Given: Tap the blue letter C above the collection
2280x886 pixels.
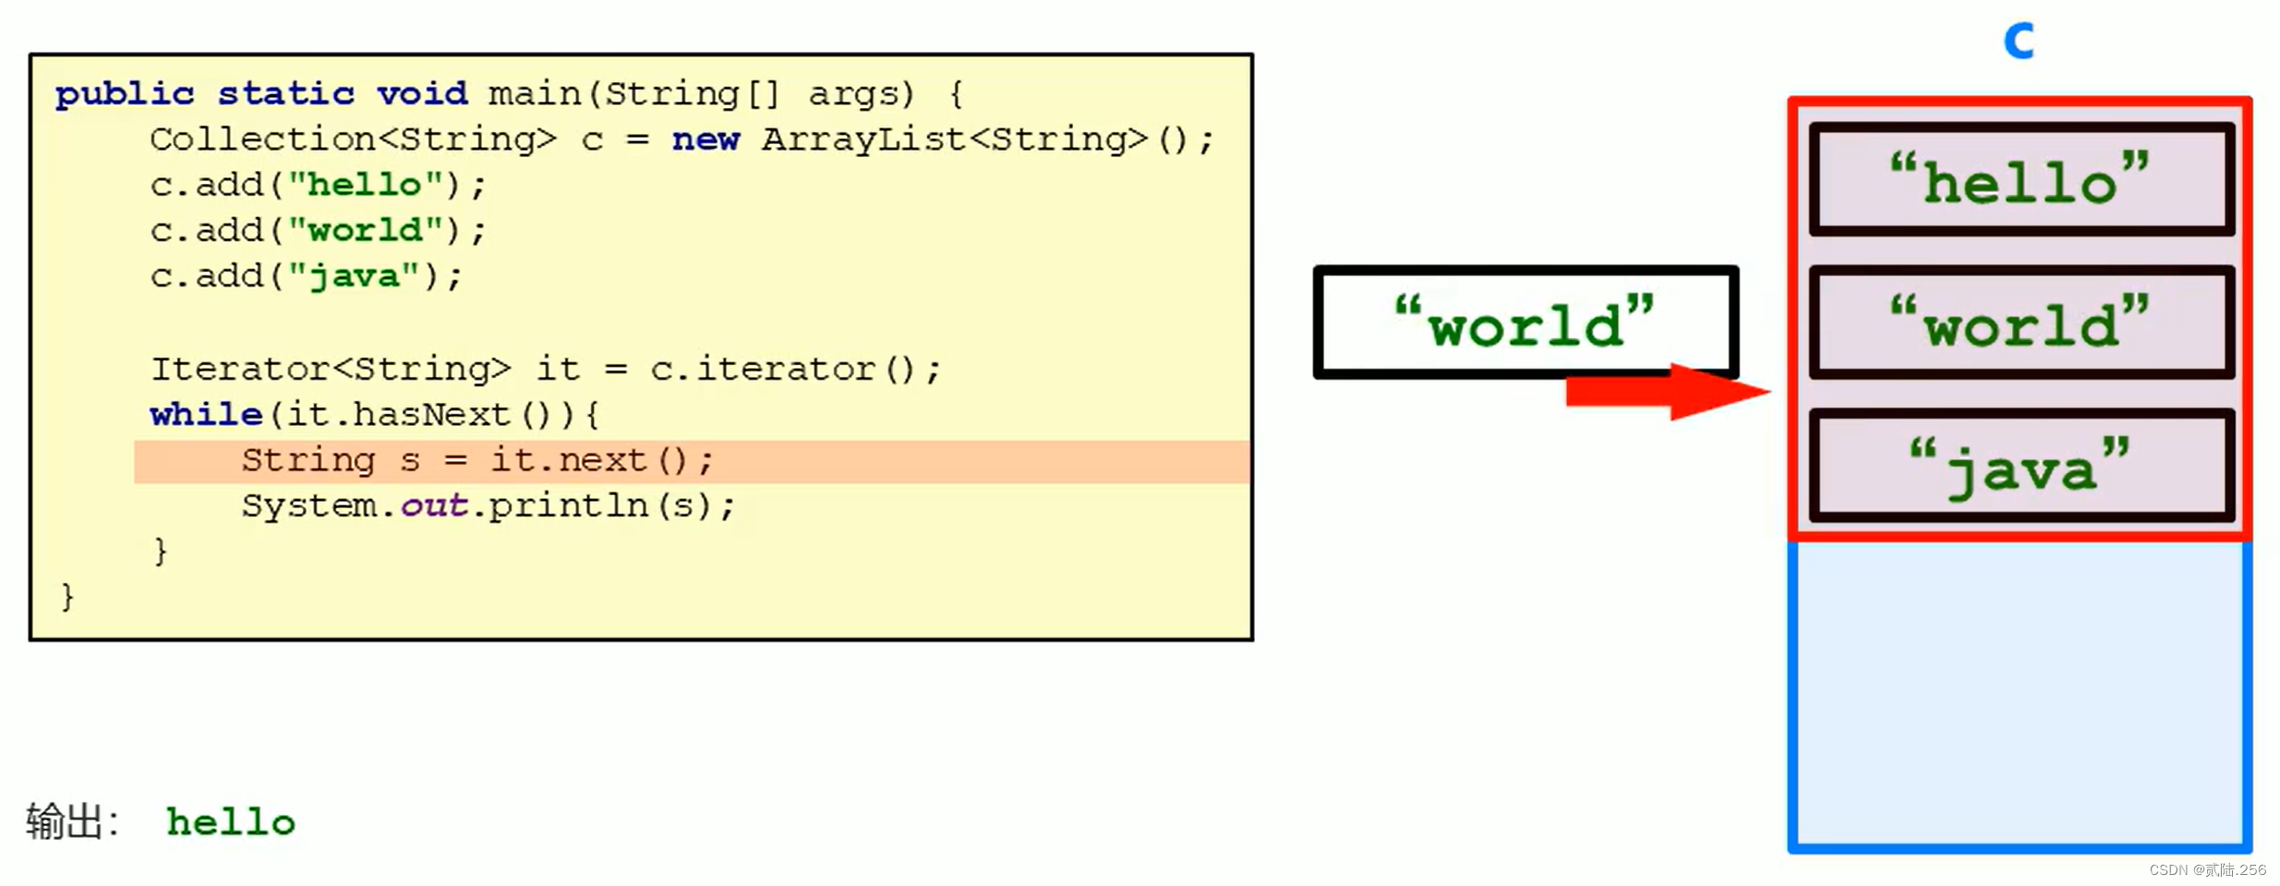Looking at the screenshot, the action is (x=2019, y=42).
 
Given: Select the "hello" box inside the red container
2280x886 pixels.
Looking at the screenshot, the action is (x=2021, y=180).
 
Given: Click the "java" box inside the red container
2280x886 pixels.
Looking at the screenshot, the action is (x=2021, y=467).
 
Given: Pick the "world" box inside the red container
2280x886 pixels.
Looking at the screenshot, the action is (x=2021, y=323).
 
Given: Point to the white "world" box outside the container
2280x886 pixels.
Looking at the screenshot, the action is (x=1525, y=322).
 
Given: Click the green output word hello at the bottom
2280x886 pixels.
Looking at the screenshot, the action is (x=231, y=821).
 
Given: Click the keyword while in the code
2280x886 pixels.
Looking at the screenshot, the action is (x=206, y=415).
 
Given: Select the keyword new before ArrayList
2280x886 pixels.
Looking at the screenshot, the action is (x=706, y=140).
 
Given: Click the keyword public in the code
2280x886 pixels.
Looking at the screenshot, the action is (x=125, y=94).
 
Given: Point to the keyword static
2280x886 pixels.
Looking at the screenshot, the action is (x=285, y=94).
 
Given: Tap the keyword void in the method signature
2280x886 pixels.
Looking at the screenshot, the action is (x=422, y=94).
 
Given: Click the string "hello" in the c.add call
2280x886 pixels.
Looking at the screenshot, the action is (x=365, y=185).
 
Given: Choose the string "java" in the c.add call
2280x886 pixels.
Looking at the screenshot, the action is (x=354, y=276).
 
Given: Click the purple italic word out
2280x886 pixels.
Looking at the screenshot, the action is (x=434, y=505).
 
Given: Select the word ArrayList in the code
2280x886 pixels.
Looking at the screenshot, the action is (x=863, y=140).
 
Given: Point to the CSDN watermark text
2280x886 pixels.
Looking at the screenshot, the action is (x=2207, y=869).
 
